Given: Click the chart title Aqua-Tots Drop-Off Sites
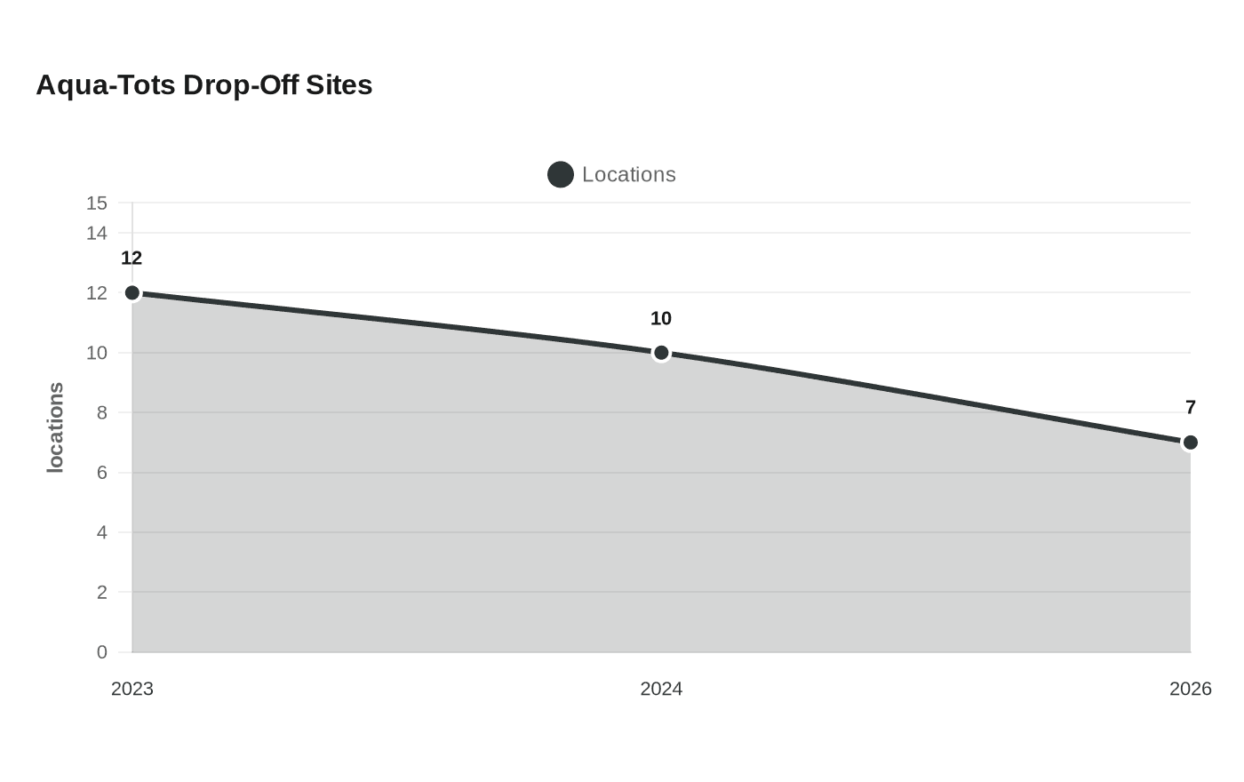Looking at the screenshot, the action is click(204, 85).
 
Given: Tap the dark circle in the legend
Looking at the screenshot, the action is click(561, 175).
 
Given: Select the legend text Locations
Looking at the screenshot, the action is click(629, 175).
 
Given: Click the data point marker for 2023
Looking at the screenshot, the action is click(132, 292).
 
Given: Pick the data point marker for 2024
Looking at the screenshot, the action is click(661, 353).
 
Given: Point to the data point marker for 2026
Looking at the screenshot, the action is click(1190, 443).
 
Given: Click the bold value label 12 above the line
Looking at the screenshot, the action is click(132, 259).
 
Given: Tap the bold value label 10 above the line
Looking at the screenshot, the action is click(661, 319).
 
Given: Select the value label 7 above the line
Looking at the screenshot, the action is click(1190, 408).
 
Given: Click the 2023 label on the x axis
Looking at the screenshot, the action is click(132, 690).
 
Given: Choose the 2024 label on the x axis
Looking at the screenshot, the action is click(661, 690).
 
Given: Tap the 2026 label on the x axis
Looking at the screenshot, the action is click(1190, 690).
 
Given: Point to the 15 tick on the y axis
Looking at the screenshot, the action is click(97, 203).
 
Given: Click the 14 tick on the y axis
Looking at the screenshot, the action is click(97, 233).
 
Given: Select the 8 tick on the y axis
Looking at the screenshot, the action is click(101, 412).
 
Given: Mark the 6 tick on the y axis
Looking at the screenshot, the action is click(101, 473).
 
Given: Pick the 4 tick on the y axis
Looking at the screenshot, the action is click(101, 532).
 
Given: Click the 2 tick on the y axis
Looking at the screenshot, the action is click(101, 593).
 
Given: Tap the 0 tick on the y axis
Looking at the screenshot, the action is click(101, 652).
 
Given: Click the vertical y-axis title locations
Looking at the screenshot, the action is click(55, 427).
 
